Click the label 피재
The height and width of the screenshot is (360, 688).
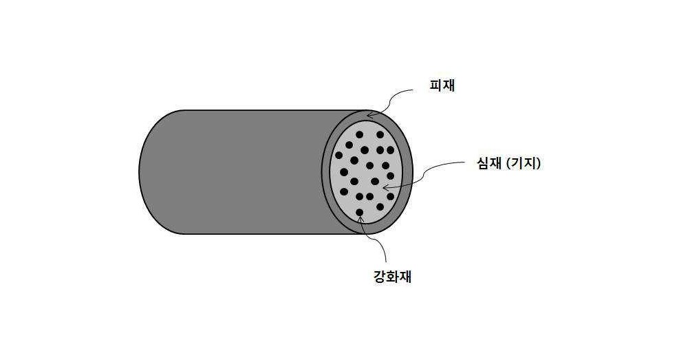click(x=442, y=85)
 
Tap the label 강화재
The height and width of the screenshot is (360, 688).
click(x=392, y=277)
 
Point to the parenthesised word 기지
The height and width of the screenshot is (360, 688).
click(x=524, y=164)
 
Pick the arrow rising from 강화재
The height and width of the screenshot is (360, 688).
click(x=376, y=240)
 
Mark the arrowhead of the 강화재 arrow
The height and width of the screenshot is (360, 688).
click(x=361, y=218)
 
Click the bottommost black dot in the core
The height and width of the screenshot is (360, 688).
click(x=360, y=213)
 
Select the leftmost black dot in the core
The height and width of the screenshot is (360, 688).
click(x=338, y=155)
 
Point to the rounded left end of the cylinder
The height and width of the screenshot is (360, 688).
click(x=140, y=172)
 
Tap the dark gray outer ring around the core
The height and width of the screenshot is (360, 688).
click(x=407, y=172)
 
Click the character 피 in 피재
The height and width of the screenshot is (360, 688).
click(x=436, y=85)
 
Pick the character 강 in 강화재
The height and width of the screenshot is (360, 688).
click(x=380, y=277)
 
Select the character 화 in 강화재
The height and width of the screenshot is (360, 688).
click(x=392, y=277)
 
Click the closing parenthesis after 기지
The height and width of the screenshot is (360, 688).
click(x=539, y=164)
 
